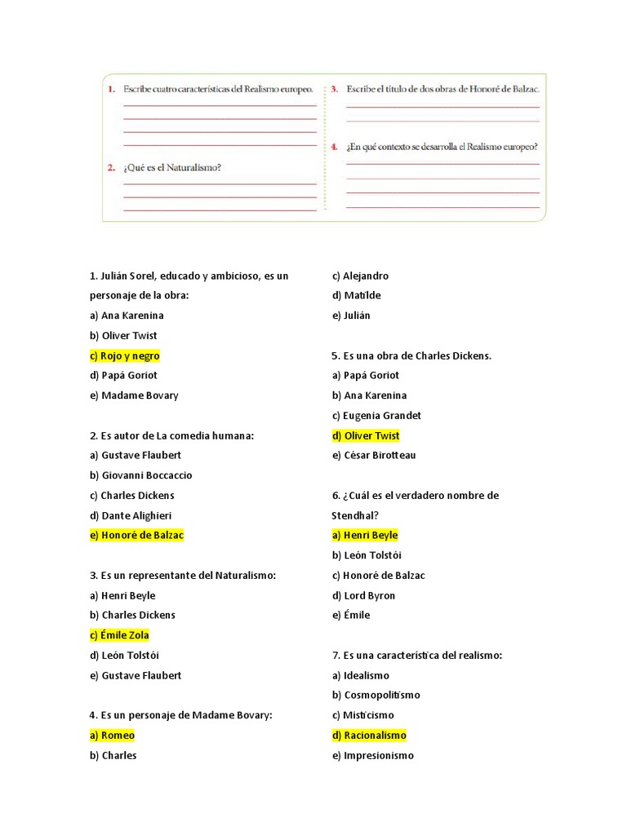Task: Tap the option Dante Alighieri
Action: [x=131, y=515]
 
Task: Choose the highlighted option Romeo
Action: [x=112, y=736]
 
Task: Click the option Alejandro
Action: [x=360, y=276]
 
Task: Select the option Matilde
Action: [x=356, y=295]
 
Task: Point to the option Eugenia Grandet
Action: [x=376, y=415]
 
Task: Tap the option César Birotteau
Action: [x=374, y=455]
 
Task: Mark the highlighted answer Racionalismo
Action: [x=369, y=736]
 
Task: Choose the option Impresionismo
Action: [x=372, y=755]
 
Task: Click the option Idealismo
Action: [x=360, y=675]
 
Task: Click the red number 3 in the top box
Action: [x=334, y=88]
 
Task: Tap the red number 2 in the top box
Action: [x=111, y=168]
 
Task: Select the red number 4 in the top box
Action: [x=334, y=147]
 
